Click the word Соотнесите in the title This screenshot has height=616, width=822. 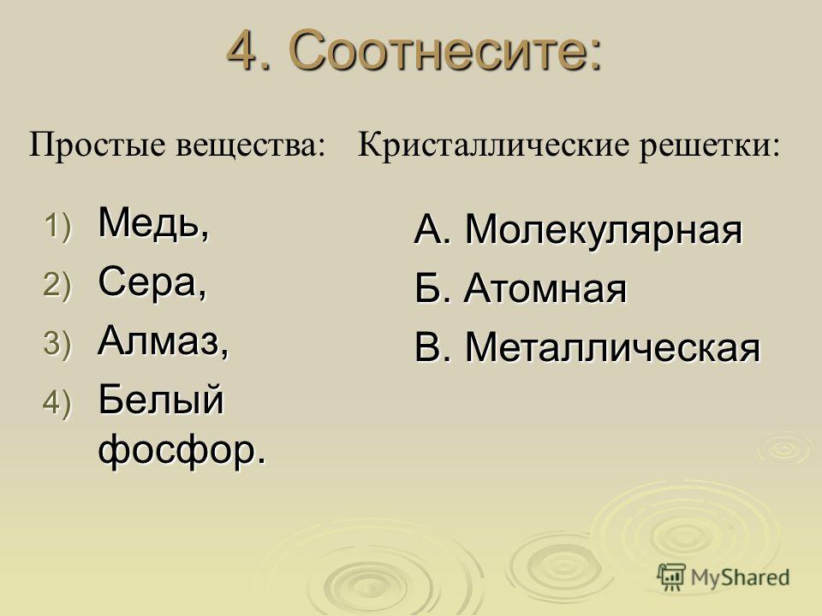click(445, 50)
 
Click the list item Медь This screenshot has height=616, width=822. click(153, 223)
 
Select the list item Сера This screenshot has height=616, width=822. click(152, 282)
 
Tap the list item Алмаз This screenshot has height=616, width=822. click(164, 341)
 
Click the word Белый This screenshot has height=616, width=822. click(161, 400)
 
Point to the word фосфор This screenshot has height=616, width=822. click(182, 450)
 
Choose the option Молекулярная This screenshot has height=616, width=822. click(604, 230)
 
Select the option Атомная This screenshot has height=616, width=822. click(545, 288)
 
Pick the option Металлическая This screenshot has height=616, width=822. click(612, 347)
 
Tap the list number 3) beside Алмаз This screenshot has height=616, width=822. click(57, 345)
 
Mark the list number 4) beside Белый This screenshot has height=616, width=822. click(57, 403)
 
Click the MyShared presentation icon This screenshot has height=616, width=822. click(671, 577)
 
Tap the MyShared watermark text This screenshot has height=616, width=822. click(740, 577)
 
